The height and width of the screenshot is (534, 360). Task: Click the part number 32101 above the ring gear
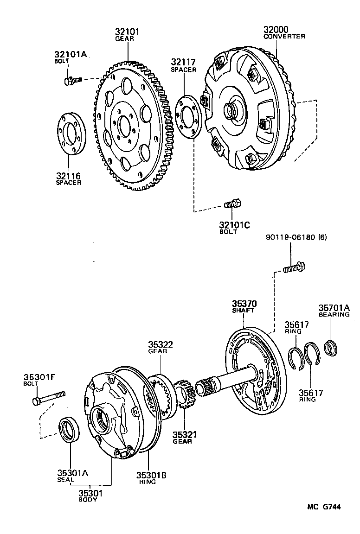[127, 32]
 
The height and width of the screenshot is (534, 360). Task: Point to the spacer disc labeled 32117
[189, 116]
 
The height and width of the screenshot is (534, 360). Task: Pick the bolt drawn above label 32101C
[232, 203]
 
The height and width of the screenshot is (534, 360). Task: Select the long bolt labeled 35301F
[48, 397]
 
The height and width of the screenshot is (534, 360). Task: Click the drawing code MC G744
[323, 507]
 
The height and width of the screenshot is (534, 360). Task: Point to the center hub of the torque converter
[231, 110]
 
